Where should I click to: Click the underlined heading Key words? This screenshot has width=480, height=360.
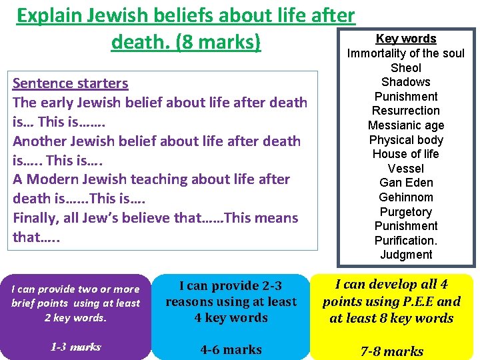click(406, 39)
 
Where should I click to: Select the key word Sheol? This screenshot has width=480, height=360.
click(406, 68)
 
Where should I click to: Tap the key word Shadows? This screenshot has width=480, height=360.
click(406, 82)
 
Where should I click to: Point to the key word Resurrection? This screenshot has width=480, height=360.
click(406, 111)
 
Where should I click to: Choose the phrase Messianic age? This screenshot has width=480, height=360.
click(406, 125)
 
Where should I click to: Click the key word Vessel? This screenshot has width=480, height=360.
click(406, 169)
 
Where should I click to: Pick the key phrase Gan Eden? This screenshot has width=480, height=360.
click(406, 183)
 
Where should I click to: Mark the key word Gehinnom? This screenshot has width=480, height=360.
click(406, 197)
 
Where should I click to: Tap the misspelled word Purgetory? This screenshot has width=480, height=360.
click(406, 212)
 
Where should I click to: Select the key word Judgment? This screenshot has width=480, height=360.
click(406, 255)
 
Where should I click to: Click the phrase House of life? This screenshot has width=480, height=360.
click(406, 154)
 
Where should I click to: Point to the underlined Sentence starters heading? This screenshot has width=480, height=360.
click(70, 83)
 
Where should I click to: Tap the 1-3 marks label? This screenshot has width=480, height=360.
click(75, 347)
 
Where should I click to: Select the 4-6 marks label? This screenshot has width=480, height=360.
click(231, 349)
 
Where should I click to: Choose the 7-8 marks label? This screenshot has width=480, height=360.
click(392, 351)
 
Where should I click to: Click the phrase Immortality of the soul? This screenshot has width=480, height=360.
click(406, 53)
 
